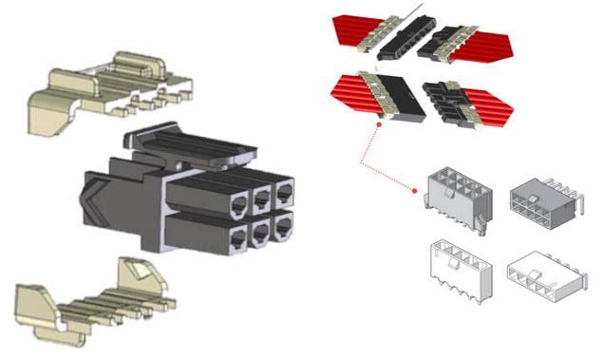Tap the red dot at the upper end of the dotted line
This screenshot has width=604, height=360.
(x=378, y=122)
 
